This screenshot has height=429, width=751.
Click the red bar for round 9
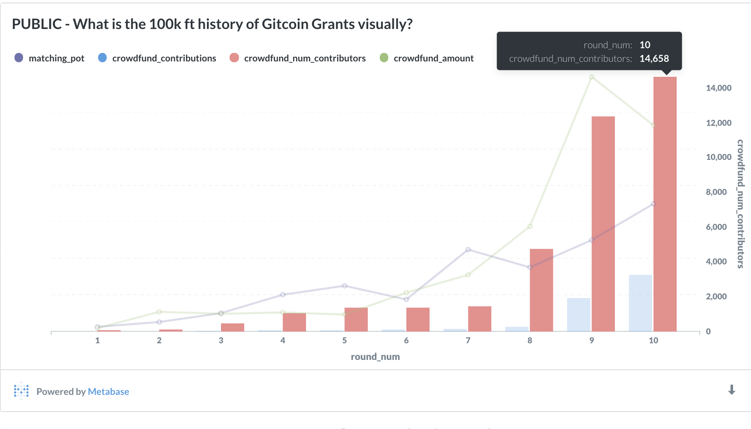[603, 224]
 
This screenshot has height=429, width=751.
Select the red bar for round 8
[541, 290]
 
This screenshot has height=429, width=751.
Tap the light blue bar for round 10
[640, 303]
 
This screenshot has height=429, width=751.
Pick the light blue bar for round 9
[578, 314]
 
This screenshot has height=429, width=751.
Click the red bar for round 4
[294, 322]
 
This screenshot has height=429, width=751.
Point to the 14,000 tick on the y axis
[719, 88]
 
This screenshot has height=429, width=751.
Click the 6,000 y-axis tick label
[716, 227]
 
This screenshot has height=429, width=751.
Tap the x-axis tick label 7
[468, 340]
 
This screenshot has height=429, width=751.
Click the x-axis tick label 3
[221, 340]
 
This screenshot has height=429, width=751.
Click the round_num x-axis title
[375, 357]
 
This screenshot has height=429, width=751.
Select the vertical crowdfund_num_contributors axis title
[740, 204]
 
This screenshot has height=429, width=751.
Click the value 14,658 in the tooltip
[654, 58]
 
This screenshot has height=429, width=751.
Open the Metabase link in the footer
[108, 391]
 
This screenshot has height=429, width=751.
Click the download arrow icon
[731, 390]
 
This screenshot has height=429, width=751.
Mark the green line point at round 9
[591, 77]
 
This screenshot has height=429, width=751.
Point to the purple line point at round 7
[468, 249]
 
